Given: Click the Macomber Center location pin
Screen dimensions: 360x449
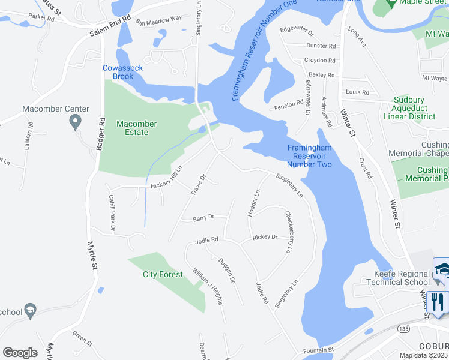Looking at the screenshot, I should (75, 122).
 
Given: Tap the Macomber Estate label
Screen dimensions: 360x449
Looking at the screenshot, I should (136, 128).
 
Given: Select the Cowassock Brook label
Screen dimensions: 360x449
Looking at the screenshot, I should (122, 72).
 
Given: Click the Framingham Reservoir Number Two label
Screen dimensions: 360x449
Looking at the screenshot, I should (309, 156).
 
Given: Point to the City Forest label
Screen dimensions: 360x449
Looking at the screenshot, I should (163, 274).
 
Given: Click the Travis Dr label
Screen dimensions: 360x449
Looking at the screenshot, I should (199, 185).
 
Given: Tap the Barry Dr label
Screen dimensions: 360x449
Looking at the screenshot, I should (203, 218).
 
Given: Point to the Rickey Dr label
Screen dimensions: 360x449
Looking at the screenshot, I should (265, 237).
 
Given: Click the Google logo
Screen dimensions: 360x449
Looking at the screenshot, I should (20, 353).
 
